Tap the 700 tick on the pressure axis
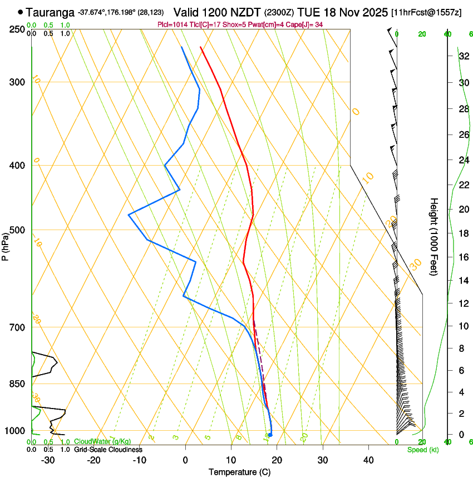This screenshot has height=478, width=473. click(17, 327)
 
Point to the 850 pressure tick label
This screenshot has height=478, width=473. click(17, 384)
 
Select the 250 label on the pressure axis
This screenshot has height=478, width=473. click(17, 29)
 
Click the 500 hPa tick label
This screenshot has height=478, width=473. click(17, 230)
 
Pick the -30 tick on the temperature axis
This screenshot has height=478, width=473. click(48, 460)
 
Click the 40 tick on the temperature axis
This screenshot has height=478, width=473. click(368, 460)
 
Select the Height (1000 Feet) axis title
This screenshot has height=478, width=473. click(435, 236)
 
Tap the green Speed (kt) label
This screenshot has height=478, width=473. click(422, 450)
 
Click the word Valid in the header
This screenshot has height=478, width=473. click(188, 12)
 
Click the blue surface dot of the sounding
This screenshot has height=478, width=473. click(270, 435)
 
